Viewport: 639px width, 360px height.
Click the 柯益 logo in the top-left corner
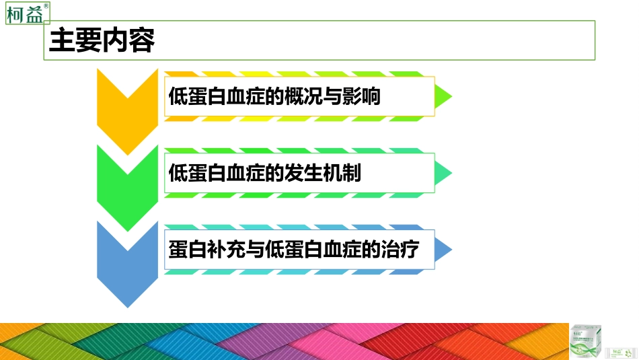coord(25,13)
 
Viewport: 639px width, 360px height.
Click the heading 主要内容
coord(103,41)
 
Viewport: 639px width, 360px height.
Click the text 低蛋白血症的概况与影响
coord(274,97)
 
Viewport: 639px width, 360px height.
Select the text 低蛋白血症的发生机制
coord(265,174)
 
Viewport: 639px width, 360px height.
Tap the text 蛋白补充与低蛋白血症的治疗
coord(294,250)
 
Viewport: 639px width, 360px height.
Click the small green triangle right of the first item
coord(443,97)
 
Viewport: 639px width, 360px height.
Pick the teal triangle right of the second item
coord(443,174)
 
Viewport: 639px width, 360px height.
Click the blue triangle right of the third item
coord(443,250)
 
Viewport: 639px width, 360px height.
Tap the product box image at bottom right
coord(585,341)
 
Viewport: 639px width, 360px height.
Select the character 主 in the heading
coord(61,41)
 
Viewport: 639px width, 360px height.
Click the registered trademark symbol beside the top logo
coord(46,5)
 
